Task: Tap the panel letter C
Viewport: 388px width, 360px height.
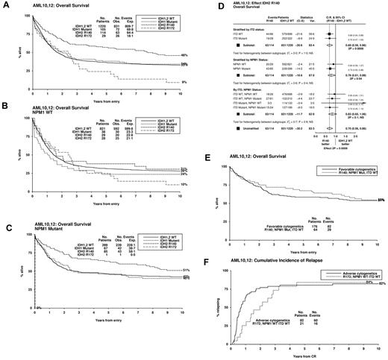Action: click(5, 249)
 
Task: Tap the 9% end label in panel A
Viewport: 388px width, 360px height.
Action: click(182, 103)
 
